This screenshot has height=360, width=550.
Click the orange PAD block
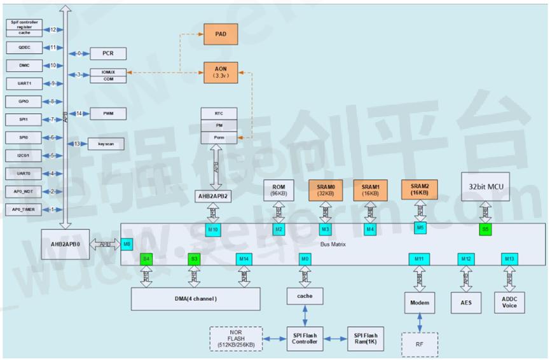(x=220, y=34)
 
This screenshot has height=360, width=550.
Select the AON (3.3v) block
(x=220, y=71)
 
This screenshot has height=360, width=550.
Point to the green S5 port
(x=485, y=228)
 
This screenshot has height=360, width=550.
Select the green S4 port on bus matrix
(x=146, y=259)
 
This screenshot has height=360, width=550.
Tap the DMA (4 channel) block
(x=196, y=299)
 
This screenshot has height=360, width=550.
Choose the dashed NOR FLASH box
(x=236, y=338)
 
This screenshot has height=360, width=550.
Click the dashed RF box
(x=420, y=344)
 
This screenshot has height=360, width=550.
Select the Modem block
(x=420, y=303)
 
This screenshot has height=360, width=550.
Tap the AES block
(x=467, y=303)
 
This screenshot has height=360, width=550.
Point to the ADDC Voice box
(x=509, y=303)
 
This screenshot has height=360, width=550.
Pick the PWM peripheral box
(x=107, y=114)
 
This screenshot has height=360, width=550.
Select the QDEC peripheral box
(x=24, y=48)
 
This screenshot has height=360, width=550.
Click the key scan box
(x=106, y=144)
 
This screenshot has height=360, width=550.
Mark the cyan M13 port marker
(x=509, y=259)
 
